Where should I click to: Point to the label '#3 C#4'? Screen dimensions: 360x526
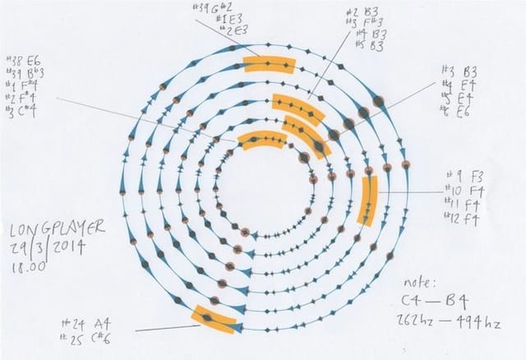(24, 112)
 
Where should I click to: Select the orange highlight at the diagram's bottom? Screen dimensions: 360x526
(213, 319)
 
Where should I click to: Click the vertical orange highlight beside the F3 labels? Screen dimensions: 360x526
(368, 201)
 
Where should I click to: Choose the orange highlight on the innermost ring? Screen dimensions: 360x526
(263, 141)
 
